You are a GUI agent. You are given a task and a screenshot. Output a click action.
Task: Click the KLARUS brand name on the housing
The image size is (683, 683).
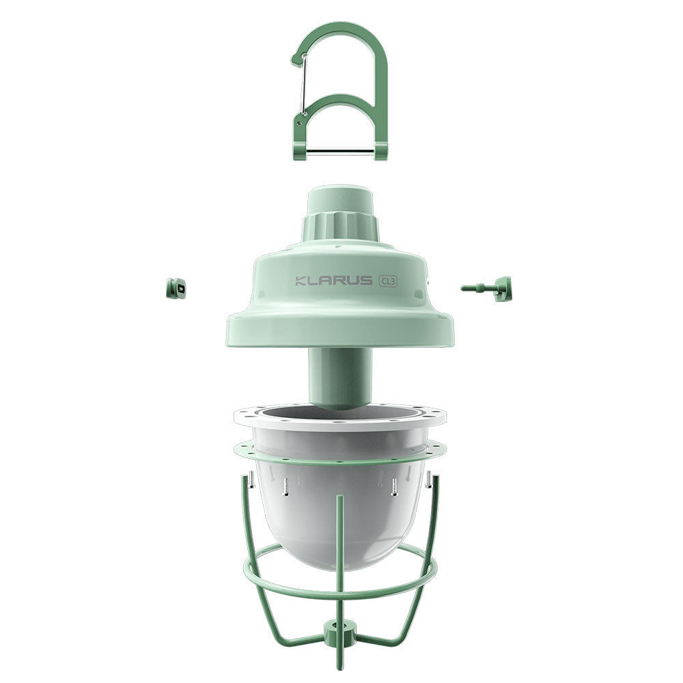pos(334,281)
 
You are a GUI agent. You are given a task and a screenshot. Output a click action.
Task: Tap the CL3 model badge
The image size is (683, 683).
pos(388,280)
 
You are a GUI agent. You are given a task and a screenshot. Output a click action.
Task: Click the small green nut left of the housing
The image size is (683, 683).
pos(176,289)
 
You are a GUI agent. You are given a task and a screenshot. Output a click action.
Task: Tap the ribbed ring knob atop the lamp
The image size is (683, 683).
pos(339,225)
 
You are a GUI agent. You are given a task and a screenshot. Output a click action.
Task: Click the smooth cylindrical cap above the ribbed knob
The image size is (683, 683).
pos(339,199)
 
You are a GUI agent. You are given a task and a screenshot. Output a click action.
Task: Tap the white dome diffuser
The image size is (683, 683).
pos(339,519)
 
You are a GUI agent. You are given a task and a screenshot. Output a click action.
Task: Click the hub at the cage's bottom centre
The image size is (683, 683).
pos(339,632)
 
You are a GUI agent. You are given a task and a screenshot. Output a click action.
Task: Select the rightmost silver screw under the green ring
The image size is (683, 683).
pos(428,480)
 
